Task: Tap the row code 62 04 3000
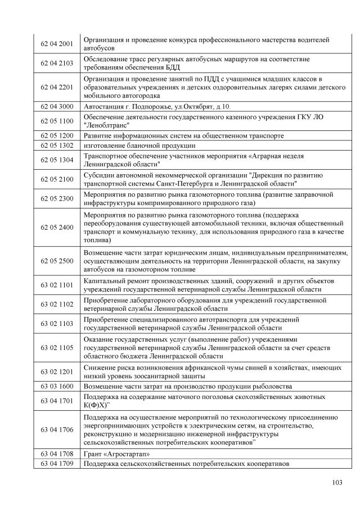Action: (x=57, y=106)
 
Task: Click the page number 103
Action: (x=337, y=482)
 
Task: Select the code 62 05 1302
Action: (x=57, y=145)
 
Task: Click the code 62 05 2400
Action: (x=57, y=227)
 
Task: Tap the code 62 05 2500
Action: (x=57, y=261)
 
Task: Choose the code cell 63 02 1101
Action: (x=57, y=285)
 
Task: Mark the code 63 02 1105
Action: (x=57, y=348)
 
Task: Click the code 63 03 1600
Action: (x=57, y=387)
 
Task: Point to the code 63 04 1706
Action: (x=57, y=430)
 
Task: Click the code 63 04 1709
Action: (x=57, y=464)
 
